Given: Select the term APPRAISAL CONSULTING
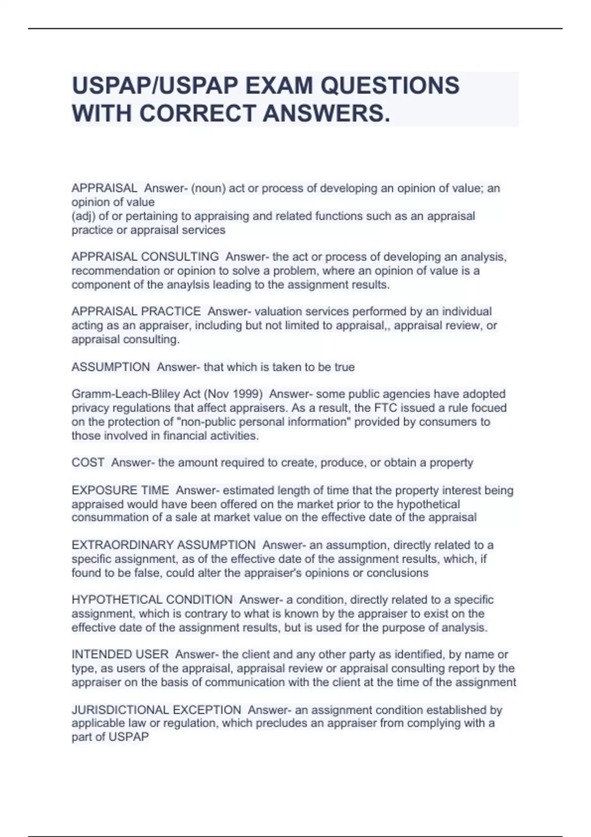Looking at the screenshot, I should pyautogui.click(x=145, y=257).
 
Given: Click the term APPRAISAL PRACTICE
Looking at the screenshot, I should pyautogui.click(x=136, y=312).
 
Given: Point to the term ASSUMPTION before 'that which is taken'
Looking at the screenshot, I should pyautogui.click(x=110, y=367).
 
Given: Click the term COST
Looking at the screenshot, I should pyautogui.click(x=88, y=463).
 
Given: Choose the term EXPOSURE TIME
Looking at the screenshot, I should pyautogui.click(x=120, y=490).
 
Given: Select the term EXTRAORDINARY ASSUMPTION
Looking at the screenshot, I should pyautogui.click(x=163, y=545).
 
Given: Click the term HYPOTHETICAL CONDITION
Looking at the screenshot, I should pyautogui.click(x=152, y=600).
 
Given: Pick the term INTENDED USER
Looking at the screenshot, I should pyautogui.click(x=120, y=654).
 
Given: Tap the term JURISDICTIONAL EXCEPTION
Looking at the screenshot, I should pyautogui.click(x=156, y=710).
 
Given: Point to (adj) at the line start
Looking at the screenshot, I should pyautogui.click(x=83, y=216).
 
